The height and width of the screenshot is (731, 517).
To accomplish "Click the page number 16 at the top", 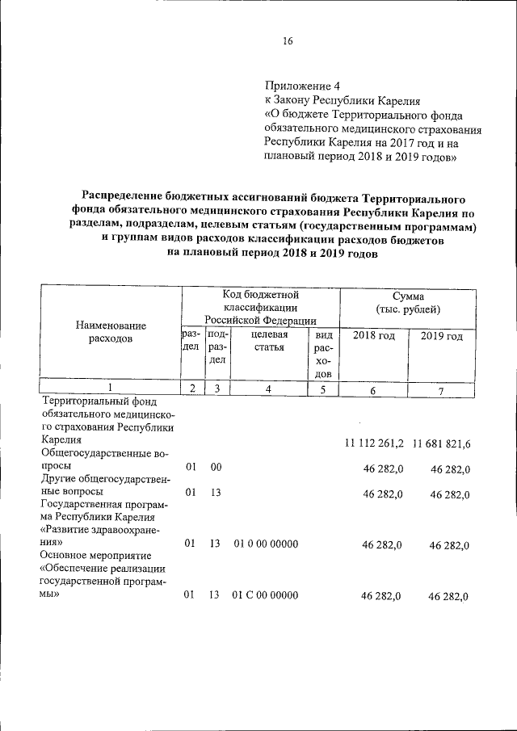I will pyautogui.click(x=288, y=42).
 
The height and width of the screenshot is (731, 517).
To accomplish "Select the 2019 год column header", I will pyautogui.click(x=441, y=335).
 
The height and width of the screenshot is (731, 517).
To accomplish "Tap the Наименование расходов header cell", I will pyautogui.click(x=111, y=332).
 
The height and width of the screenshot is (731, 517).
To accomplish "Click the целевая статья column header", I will pyautogui.click(x=268, y=342).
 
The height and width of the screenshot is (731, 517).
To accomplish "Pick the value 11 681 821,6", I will pyautogui.click(x=442, y=444).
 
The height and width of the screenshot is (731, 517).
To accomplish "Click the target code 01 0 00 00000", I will pyautogui.click(x=265, y=544).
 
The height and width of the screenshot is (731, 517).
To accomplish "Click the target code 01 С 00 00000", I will pyautogui.click(x=265, y=595).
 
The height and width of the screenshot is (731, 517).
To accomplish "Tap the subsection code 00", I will pyautogui.click(x=216, y=467).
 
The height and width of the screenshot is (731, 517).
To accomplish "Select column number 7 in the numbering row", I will pyautogui.click(x=441, y=390).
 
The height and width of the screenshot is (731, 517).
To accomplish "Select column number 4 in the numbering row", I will pyautogui.click(x=268, y=389).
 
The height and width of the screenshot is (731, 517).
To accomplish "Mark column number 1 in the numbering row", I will pyautogui.click(x=111, y=389).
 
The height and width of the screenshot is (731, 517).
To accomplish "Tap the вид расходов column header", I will pyautogui.click(x=323, y=354).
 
